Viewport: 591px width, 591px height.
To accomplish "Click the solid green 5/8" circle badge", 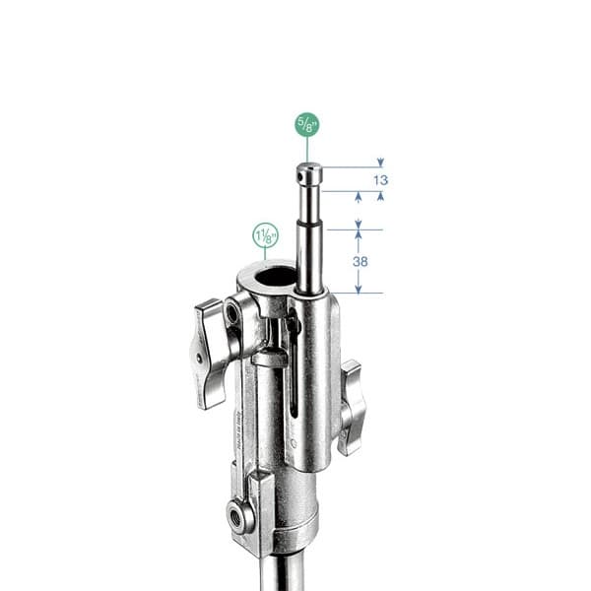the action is [307, 124].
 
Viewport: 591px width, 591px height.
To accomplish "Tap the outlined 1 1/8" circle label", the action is [266, 235].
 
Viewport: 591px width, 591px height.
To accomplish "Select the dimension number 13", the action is [380, 180].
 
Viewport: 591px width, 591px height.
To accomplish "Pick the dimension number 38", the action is [360, 261].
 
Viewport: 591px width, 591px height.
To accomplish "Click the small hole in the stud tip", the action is [300, 176].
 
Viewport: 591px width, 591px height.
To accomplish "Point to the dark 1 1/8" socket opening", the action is [275, 276].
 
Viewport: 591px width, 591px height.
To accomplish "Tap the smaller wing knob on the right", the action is [352, 407].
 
